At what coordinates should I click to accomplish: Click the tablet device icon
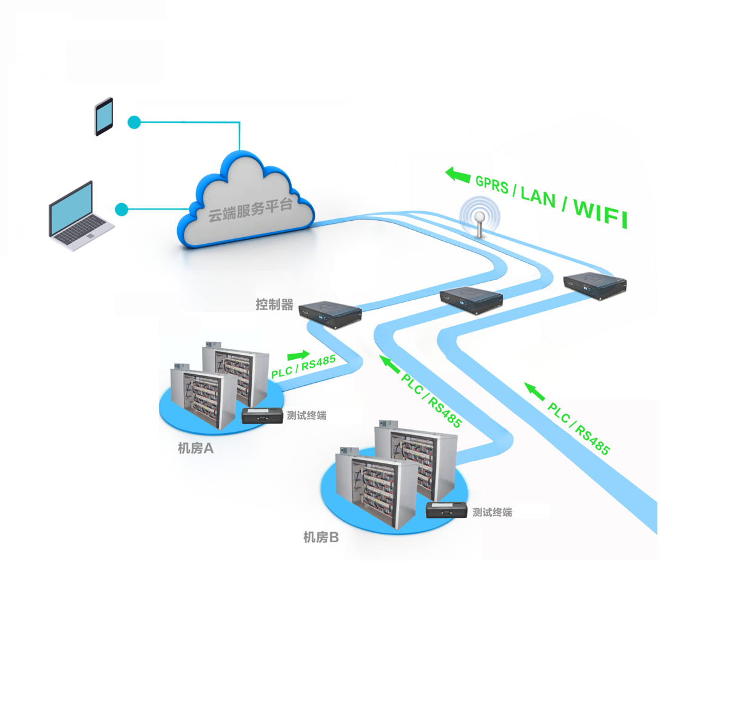[x=104, y=116]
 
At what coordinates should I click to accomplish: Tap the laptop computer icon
[x=79, y=216]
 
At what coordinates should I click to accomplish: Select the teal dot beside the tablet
[x=134, y=123]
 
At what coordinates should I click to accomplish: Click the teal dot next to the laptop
[x=121, y=209]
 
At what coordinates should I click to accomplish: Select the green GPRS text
[x=492, y=184]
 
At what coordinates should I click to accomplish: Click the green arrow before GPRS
[x=458, y=175]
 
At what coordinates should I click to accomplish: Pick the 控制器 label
[x=274, y=304]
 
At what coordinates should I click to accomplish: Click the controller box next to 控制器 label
[x=331, y=314]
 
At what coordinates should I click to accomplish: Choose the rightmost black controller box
[x=594, y=284]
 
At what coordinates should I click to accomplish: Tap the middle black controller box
[x=471, y=299]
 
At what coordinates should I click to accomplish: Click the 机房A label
[x=195, y=448]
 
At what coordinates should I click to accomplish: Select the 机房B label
[x=321, y=537]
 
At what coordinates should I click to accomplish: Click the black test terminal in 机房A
[x=262, y=415]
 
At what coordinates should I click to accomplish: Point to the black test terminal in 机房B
[x=446, y=509]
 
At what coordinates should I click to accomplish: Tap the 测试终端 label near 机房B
[x=492, y=513]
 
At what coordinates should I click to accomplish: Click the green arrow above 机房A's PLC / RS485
[x=298, y=355]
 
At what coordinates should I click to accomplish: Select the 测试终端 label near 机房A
[x=306, y=415]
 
